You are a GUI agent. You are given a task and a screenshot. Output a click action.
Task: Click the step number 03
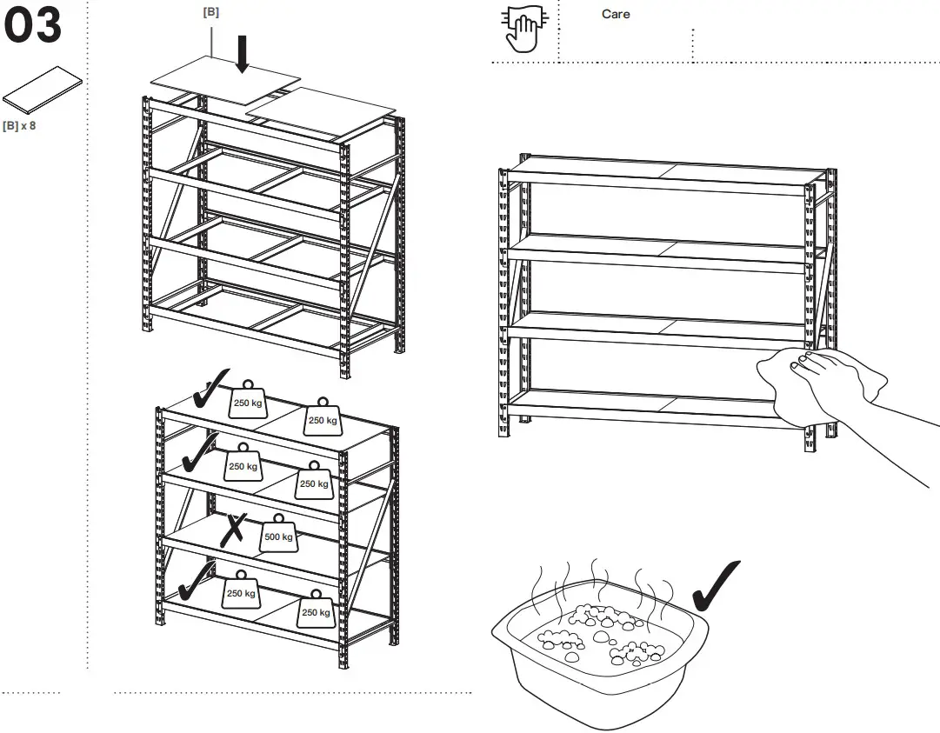(x=35, y=26)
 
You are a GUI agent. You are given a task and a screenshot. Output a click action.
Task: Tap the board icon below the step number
(x=42, y=90)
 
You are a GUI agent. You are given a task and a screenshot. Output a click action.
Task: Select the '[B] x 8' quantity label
(x=19, y=126)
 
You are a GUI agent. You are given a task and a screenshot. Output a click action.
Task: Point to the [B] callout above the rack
(x=210, y=12)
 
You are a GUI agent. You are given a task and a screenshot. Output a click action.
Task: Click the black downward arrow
(x=243, y=53)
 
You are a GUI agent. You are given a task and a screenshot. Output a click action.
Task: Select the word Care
(x=616, y=14)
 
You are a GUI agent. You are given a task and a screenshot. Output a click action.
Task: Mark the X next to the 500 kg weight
(x=232, y=529)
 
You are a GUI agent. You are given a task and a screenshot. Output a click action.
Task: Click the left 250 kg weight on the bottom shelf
(x=241, y=591)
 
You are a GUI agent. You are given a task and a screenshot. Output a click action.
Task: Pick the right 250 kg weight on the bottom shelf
(x=316, y=610)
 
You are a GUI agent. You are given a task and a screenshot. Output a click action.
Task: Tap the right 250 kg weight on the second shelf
(x=314, y=482)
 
